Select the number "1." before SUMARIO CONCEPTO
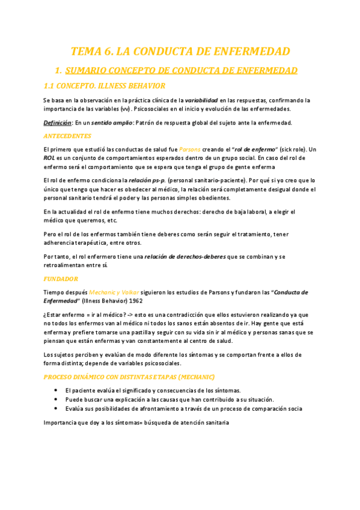coord(58,70)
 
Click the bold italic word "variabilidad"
coord(201,100)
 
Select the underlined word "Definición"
coord(57,123)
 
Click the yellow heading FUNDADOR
coord(60,262)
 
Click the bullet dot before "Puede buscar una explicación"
coord(56,399)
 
